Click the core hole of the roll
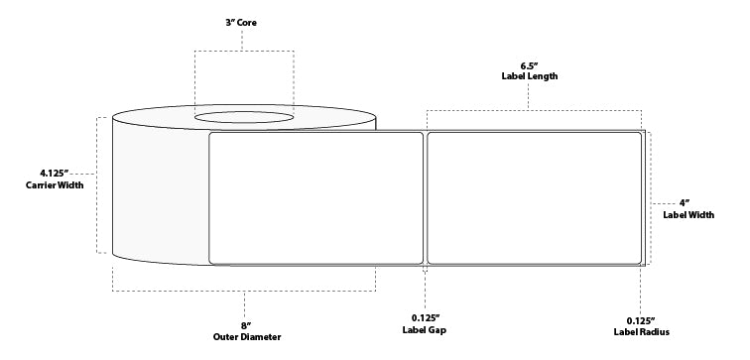[x=243, y=119]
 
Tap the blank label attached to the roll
[x=316, y=197]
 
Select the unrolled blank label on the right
[x=534, y=197]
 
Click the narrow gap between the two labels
[x=426, y=197]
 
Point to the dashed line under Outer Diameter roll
[x=243, y=291]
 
